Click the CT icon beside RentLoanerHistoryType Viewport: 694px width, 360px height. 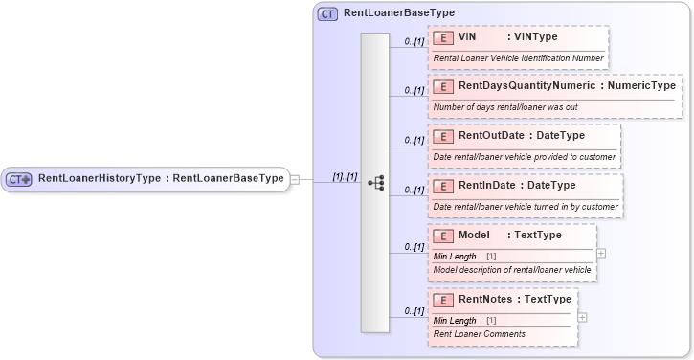(19, 178)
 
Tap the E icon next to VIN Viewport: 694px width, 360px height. (443, 37)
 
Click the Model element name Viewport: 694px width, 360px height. (474, 235)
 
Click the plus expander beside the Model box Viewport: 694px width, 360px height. (601, 254)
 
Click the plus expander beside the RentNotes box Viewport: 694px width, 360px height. (583, 318)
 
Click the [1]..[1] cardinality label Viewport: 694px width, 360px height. (345, 177)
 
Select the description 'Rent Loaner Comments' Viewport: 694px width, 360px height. (480, 334)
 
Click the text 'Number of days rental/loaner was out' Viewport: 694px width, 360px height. (505, 107)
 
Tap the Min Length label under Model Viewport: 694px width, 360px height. (455, 257)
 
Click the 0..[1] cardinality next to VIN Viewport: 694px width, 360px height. (414, 41)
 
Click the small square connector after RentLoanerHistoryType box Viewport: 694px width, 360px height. (295, 178)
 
